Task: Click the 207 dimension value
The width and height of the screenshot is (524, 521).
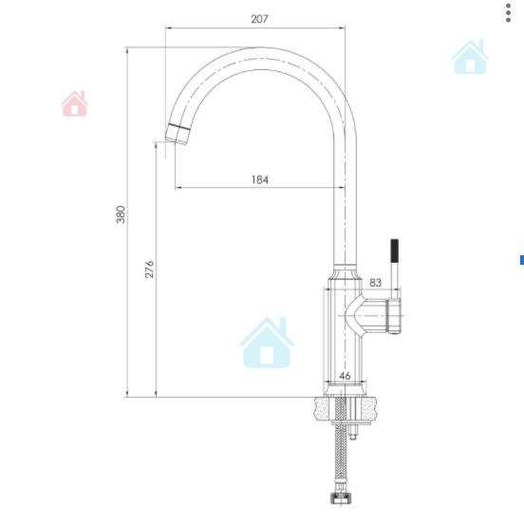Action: pos(259,19)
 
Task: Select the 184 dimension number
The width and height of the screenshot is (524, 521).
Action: pos(260,179)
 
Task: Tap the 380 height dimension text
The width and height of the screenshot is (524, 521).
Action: pos(121,214)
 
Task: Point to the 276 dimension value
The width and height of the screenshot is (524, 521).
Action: pos(149,269)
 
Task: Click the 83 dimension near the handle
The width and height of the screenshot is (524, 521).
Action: pos(375,283)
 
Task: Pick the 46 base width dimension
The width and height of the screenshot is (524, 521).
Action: pos(345,376)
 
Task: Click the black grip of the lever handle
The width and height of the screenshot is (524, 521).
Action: pos(394,251)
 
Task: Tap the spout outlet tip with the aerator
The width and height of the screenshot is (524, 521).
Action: pos(178,135)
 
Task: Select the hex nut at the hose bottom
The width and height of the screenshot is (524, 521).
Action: pos(341,497)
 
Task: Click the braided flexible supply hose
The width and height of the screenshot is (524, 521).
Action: pos(341,444)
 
